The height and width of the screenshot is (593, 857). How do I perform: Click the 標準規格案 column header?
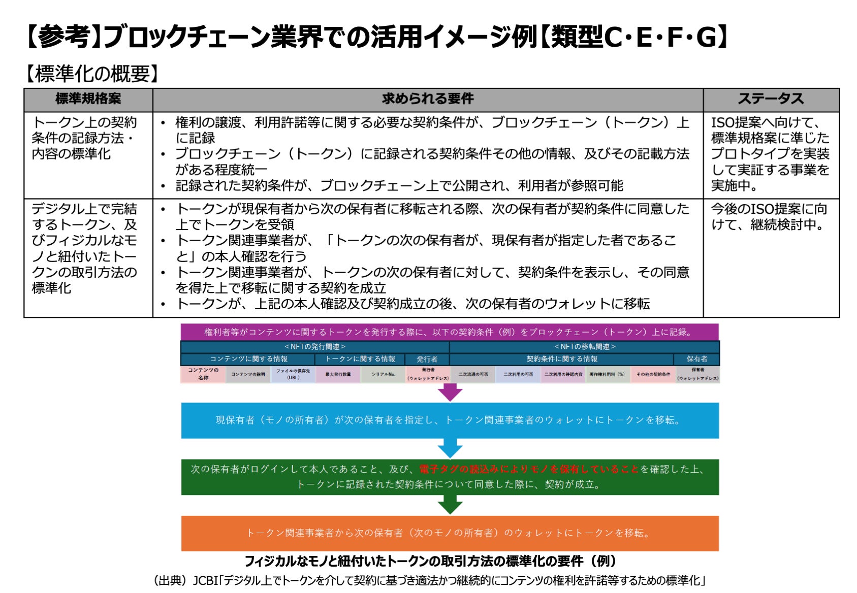point(88,99)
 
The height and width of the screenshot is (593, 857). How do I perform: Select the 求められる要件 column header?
point(428,99)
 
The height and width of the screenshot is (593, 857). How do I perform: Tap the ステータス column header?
point(771,99)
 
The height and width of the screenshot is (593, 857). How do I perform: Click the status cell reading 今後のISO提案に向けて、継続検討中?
point(770,217)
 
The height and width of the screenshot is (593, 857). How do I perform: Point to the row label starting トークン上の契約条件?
point(85,138)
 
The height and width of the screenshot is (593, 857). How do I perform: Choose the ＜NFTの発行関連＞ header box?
point(314,347)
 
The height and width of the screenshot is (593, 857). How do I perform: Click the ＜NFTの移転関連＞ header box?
point(584,347)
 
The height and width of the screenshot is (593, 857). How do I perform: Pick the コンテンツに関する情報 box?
point(248,359)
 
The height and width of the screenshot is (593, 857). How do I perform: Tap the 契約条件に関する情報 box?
point(561,359)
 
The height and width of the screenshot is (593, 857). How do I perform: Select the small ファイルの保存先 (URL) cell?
point(293,374)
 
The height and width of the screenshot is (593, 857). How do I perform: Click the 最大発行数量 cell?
point(338,374)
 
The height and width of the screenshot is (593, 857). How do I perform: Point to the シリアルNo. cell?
point(383,374)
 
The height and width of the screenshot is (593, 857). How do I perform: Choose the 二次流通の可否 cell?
point(473,374)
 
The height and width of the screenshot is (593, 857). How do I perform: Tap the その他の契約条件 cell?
point(653,374)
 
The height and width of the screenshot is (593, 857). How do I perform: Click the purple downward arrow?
point(450,392)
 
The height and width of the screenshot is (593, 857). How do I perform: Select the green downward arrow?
point(450,505)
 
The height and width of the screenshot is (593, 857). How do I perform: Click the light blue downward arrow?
point(450,448)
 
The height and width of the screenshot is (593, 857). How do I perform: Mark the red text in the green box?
point(529,469)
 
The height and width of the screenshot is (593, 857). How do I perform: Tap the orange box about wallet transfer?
point(450,533)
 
